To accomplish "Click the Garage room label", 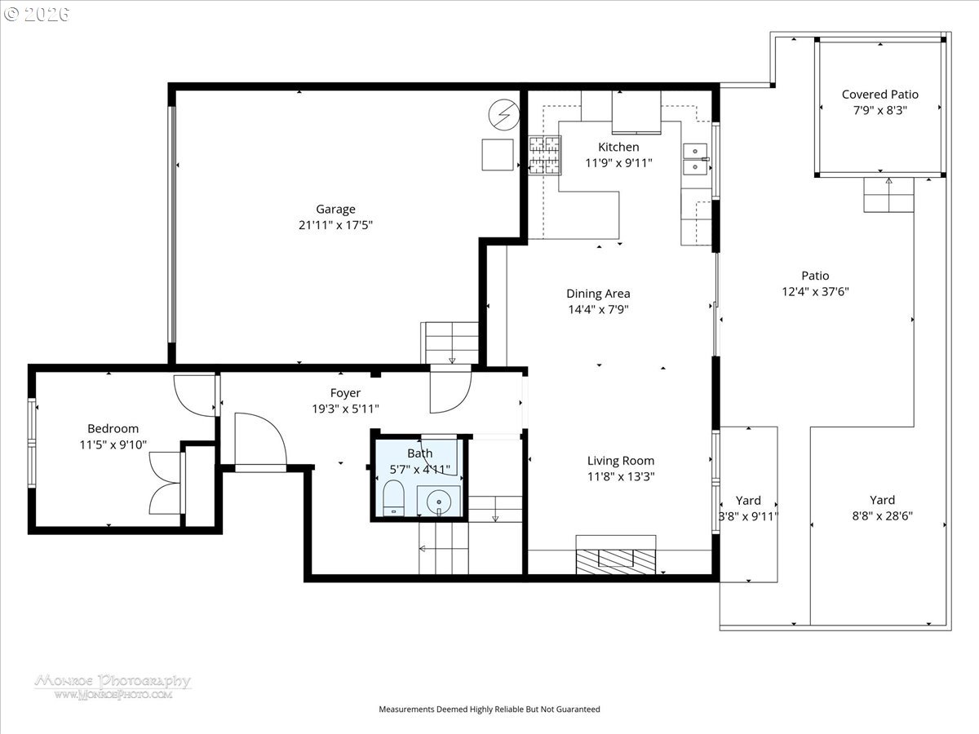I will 336,209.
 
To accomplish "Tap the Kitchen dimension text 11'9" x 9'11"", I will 618,162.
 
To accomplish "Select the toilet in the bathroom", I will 394,497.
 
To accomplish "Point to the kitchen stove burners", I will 544,154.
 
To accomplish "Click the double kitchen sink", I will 695,158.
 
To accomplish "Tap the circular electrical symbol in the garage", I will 503,114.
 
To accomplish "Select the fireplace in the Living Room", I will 616,558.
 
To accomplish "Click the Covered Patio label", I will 879,95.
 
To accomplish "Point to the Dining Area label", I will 598,294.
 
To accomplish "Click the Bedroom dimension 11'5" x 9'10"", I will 113,444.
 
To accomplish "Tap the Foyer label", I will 345,393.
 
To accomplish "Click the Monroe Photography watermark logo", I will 113,686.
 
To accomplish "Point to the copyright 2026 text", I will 37,14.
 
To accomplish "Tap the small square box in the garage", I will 497,154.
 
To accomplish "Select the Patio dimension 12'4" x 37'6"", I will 814,291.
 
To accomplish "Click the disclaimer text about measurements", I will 489,710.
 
